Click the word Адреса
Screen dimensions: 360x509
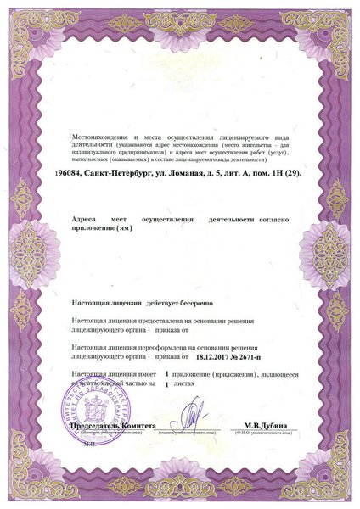pos(86,220)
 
